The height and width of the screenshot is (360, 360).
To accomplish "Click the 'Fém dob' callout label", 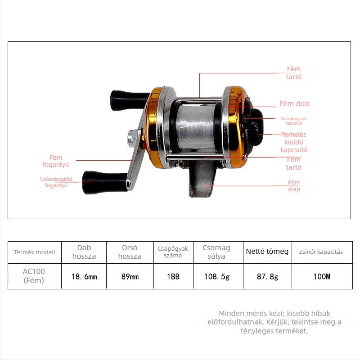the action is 294,104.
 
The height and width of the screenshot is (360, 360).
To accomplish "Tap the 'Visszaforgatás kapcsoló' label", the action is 294,121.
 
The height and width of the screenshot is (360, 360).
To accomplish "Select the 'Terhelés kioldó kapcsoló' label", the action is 294,142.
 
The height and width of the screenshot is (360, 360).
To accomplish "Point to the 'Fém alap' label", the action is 294,186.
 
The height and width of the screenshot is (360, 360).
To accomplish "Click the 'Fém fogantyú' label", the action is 56,161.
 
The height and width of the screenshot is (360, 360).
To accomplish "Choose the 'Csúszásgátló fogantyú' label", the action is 56,182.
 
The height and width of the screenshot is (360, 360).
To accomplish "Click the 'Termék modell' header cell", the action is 35,252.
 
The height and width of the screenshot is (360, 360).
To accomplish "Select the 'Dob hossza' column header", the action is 84,252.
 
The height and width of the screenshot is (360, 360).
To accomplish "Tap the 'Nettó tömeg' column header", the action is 267,251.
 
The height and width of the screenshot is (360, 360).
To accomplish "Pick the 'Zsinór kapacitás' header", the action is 321,252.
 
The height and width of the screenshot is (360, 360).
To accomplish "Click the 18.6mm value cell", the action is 84,276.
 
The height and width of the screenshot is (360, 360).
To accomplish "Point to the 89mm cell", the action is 130,276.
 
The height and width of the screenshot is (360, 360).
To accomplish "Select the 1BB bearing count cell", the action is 173,276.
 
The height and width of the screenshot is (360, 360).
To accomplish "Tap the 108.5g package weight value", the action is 217,276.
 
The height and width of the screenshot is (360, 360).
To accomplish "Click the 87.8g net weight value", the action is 267,276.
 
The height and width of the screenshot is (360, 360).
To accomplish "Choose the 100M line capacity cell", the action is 322,276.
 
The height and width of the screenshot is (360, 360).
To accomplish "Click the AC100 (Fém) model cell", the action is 34,276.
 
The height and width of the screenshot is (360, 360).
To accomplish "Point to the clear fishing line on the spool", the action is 196,127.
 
